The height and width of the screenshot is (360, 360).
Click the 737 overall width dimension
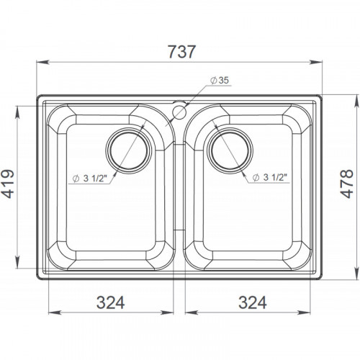182,52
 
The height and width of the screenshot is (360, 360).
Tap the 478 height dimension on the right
347,184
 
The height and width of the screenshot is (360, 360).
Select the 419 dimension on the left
8,184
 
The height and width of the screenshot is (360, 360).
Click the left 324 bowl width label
111,302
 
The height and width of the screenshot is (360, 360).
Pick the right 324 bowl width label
253,302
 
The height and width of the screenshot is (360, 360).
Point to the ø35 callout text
220,81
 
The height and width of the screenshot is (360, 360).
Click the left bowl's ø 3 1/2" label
89,179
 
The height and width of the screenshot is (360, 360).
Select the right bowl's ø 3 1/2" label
270,177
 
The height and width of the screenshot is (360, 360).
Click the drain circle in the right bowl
230,150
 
